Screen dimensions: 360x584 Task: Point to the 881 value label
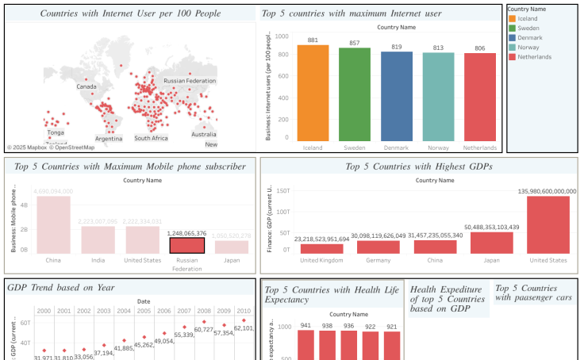313,40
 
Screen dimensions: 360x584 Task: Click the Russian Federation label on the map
190,81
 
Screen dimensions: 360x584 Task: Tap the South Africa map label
151,138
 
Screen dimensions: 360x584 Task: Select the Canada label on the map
86,86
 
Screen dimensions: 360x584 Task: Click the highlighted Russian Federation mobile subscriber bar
187,246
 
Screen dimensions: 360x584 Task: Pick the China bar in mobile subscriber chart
53,224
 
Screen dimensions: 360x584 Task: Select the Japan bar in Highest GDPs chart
492,243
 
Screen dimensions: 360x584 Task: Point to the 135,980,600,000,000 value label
547,191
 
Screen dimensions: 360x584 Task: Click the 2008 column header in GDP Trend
204,311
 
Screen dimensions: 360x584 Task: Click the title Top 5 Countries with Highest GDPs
419,167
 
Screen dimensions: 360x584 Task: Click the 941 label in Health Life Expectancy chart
306,326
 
